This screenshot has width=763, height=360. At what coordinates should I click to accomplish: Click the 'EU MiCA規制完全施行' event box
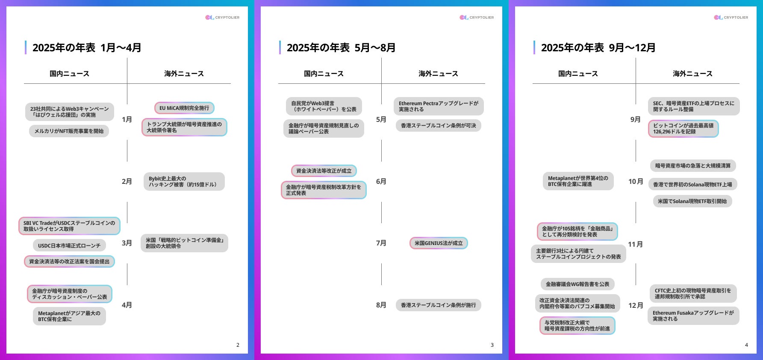click(184, 108)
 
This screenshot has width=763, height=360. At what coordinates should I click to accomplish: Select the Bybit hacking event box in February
click(184, 182)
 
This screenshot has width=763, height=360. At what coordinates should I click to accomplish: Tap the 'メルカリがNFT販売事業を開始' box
click(69, 131)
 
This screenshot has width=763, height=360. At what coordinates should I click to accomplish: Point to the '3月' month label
click(127, 243)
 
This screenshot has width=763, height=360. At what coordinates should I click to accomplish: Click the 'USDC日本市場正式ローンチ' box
click(69, 245)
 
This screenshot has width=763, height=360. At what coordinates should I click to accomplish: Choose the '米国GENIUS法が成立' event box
click(438, 243)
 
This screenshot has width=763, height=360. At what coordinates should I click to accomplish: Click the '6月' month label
click(381, 181)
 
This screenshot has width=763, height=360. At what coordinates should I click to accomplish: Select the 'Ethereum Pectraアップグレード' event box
click(438, 106)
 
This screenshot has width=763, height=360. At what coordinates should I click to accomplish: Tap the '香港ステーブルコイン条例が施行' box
click(438, 305)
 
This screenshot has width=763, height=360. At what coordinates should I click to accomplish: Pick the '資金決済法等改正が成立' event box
click(324, 171)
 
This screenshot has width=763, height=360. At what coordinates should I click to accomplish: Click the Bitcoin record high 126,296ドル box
click(683, 129)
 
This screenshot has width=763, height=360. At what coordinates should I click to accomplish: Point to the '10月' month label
click(635, 181)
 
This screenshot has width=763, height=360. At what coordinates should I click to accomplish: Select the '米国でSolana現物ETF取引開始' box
click(692, 201)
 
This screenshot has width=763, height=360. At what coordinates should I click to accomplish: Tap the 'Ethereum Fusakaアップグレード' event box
click(693, 316)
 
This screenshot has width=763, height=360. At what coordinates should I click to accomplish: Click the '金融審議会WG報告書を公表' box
click(577, 284)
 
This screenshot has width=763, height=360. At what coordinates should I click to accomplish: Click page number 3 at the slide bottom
click(492, 345)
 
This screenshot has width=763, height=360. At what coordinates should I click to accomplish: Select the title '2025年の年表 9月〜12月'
click(598, 48)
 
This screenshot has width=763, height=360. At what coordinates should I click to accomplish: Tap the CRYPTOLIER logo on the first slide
click(222, 18)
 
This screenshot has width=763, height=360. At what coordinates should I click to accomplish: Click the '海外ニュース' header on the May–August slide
click(438, 74)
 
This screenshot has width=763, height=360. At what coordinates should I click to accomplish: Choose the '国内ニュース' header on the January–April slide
click(69, 74)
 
